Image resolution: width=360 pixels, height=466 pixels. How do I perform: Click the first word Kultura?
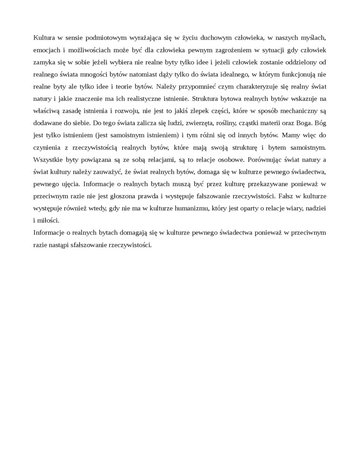coord(45,37)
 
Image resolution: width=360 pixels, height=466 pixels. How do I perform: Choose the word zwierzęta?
coord(177,124)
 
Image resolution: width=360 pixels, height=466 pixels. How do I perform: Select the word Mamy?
coord(291,135)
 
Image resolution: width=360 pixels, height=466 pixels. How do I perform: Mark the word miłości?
coord(48,220)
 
